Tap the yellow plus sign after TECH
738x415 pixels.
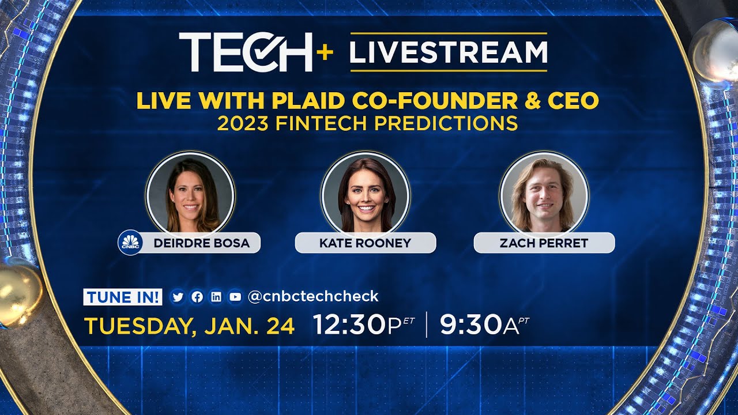coord(325,52)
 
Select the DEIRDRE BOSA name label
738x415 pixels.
coord(201,243)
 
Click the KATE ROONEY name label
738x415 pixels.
coord(365,243)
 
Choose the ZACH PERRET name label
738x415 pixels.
coord(544,243)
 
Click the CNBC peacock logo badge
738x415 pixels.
coord(130,242)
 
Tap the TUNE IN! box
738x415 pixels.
coord(123,297)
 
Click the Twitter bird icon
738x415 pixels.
coord(178,297)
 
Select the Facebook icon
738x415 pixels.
coord(197,297)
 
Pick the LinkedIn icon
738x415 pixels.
coord(216,297)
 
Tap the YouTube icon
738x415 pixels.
coord(235,297)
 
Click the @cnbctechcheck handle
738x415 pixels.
coord(312,296)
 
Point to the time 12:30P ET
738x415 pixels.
coord(363,325)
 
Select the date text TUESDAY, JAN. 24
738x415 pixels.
coord(190,326)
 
